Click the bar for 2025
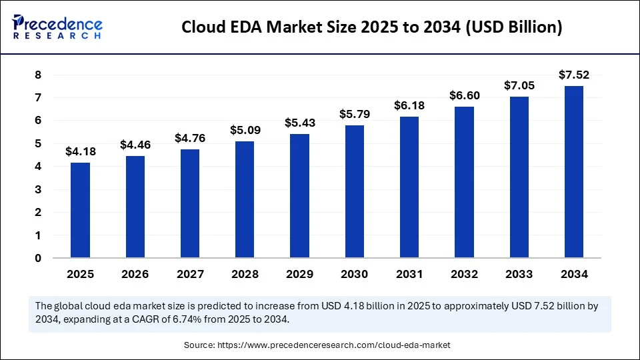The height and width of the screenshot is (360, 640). pyautogui.click(x=81, y=210)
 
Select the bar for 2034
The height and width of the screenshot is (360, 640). pyautogui.click(x=574, y=172)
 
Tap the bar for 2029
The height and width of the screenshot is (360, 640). pyautogui.click(x=300, y=196)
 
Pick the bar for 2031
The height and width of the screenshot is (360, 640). pyautogui.click(x=409, y=187)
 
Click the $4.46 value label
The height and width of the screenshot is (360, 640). pyautogui.click(x=135, y=144)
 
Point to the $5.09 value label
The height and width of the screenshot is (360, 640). pyautogui.click(x=245, y=129)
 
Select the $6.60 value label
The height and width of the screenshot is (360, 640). pyautogui.click(x=464, y=95)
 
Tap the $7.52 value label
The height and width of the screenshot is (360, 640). pyautogui.click(x=574, y=75)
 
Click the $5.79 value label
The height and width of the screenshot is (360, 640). pyautogui.click(x=355, y=113)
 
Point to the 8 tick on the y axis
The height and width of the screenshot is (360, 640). pyautogui.click(x=39, y=75)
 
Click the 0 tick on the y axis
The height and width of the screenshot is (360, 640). pyautogui.click(x=39, y=258)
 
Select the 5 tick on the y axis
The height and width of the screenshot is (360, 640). pyautogui.click(x=39, y=143)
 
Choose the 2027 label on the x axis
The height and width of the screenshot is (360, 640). pyautogui.click(x=190, y=274)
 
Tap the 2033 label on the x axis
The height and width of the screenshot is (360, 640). pyautogui.click(x=519, y=274)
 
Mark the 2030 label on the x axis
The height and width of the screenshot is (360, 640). pyautogui.click(x=355, y=274)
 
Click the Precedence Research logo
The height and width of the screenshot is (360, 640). pyautogui.click(x=57, y=27)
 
